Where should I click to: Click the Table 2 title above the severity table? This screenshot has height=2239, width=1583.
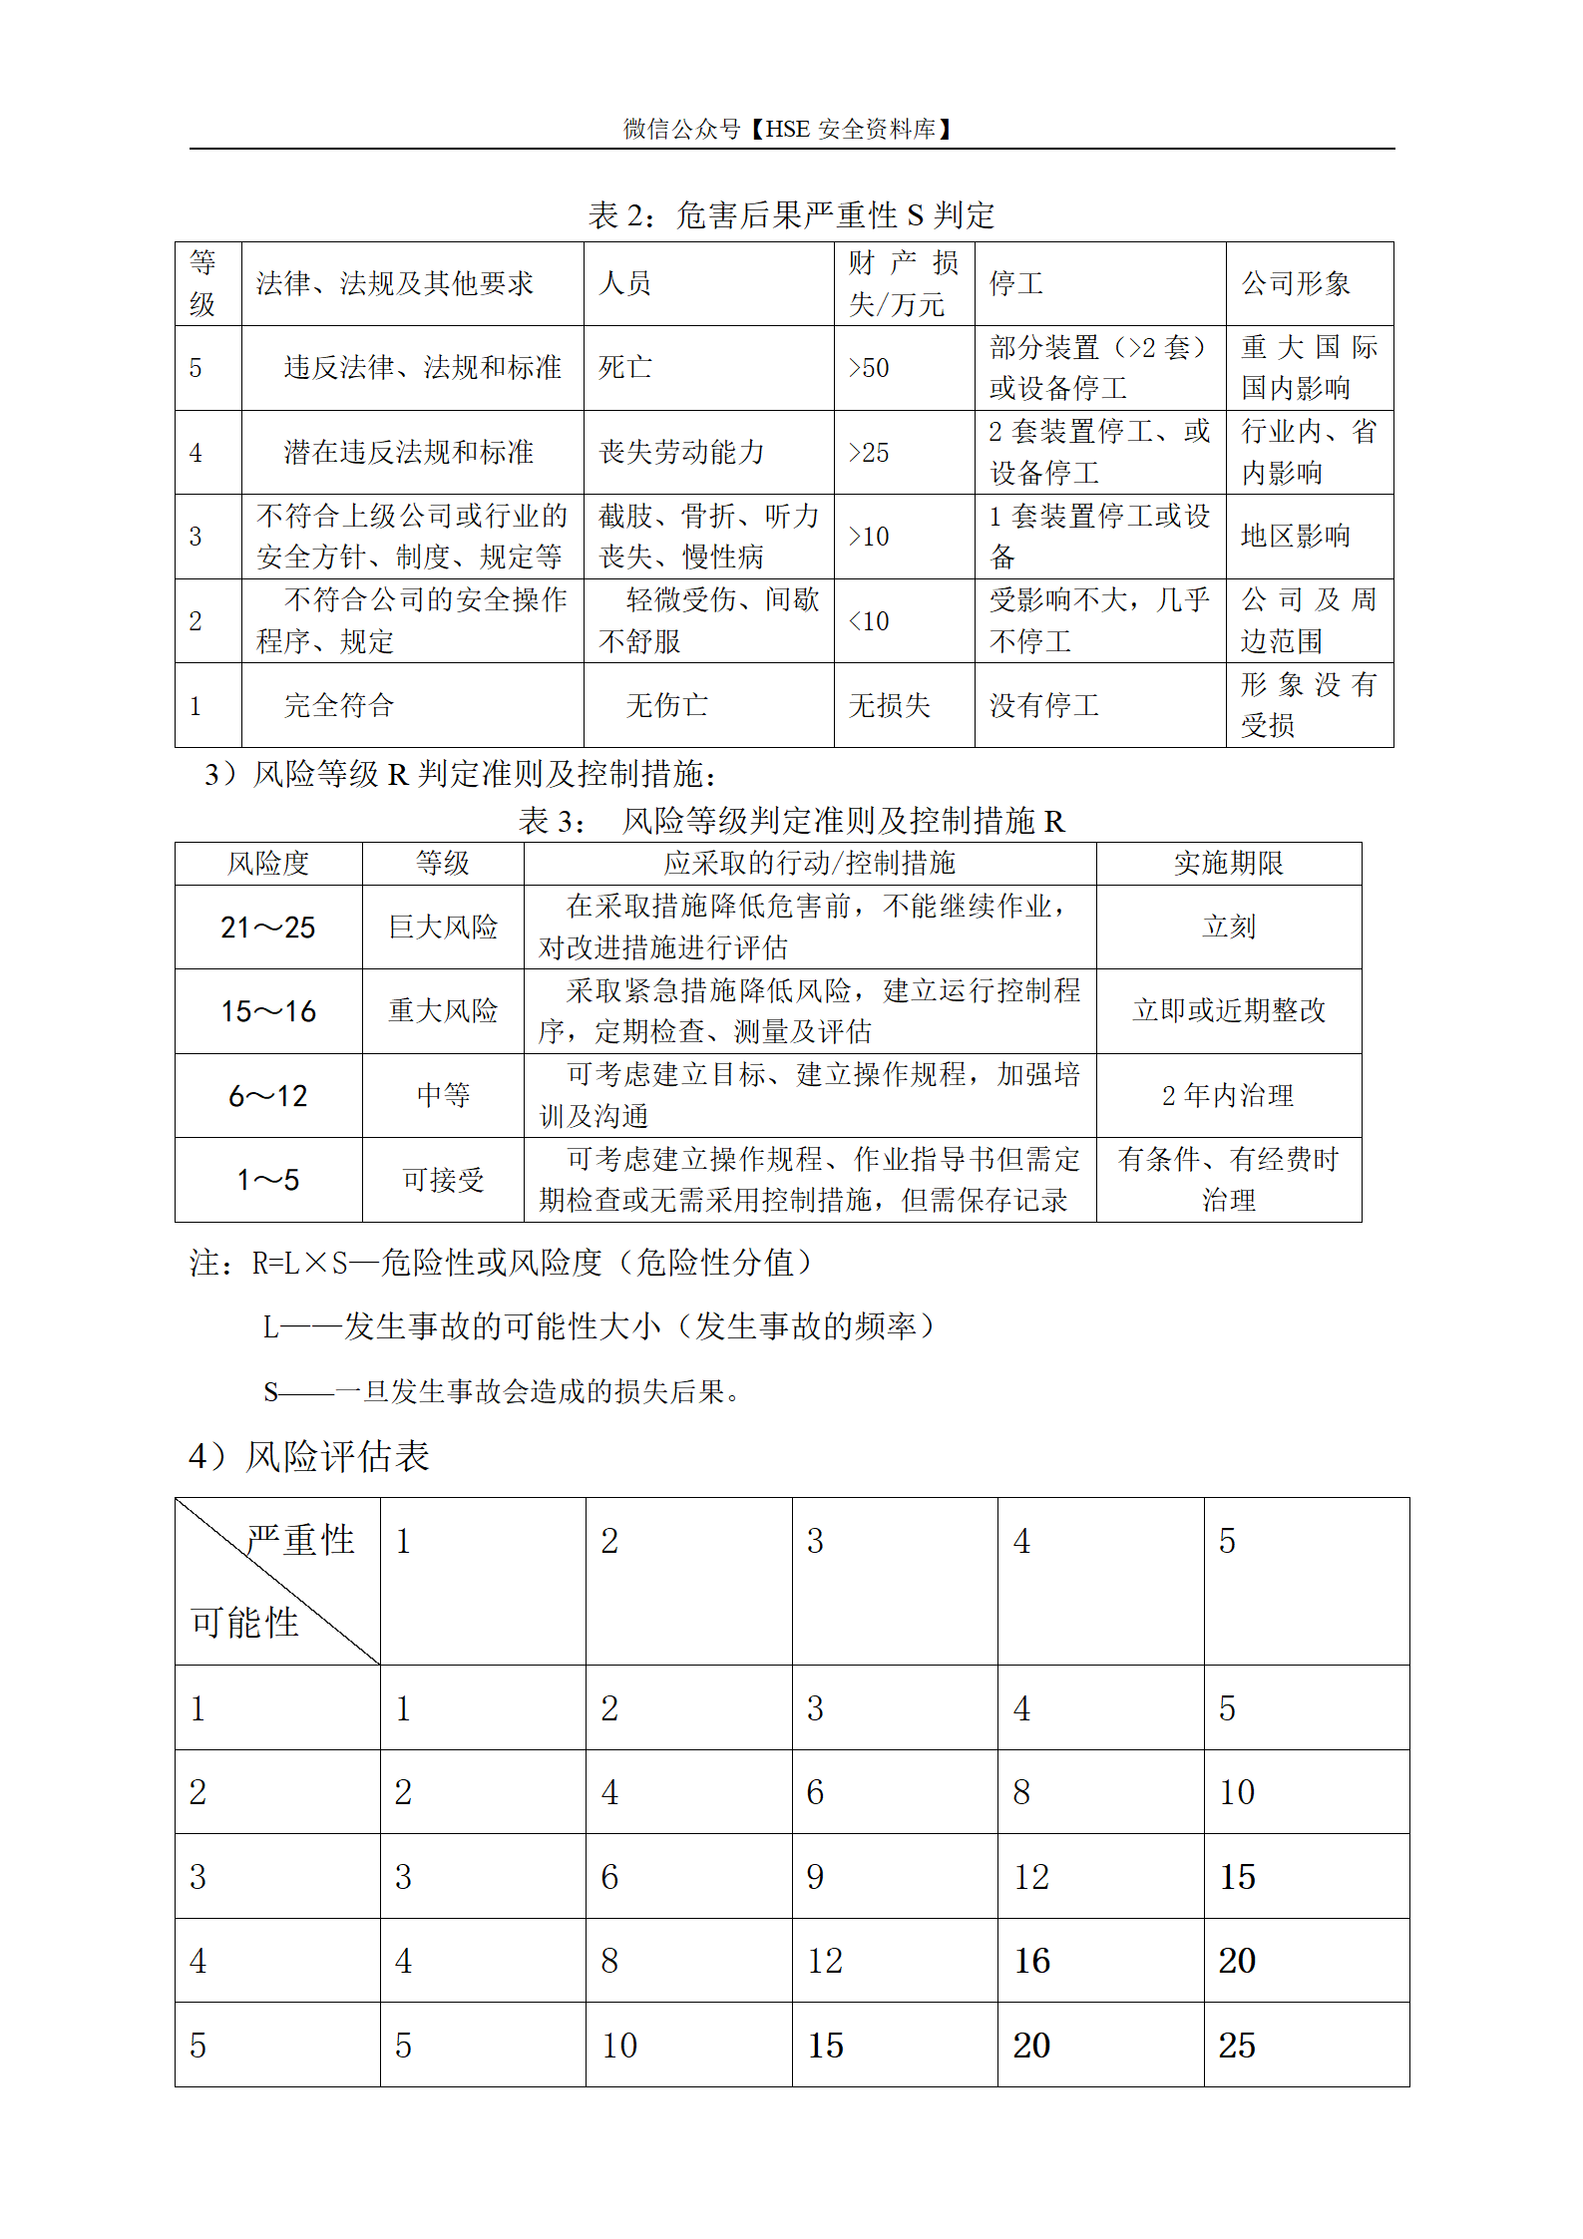point(791,214)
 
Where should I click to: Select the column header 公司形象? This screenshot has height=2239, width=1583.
point(1295,284)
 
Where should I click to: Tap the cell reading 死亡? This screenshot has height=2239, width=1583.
point(625,368)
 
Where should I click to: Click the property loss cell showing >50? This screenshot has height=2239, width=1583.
point(869,368)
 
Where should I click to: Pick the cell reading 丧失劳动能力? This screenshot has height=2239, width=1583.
point(681,453)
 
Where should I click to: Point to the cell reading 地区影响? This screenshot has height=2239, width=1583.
point(1295,537)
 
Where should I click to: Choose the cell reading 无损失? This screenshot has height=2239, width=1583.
point(889,706)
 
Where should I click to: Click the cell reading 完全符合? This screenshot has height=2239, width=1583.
point(339,706)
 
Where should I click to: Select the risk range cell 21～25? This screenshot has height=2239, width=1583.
point(267,928)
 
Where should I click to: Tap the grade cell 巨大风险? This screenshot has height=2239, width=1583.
point(443,928)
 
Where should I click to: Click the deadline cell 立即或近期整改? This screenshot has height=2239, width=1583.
point(1229,1011)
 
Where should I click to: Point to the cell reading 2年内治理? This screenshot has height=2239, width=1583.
point(1228,1096)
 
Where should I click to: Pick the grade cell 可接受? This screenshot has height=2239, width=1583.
point(443,1180)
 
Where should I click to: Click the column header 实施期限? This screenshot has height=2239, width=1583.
point(1228,864)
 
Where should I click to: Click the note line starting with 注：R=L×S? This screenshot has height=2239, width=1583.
point(501,1264)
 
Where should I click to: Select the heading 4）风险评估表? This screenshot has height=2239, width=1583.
point(309,1457)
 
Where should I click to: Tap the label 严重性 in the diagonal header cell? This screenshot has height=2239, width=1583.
point(300,1540)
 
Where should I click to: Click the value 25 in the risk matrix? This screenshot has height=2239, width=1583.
point(1237,2046)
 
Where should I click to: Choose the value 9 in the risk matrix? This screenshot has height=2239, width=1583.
point(815,1877)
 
